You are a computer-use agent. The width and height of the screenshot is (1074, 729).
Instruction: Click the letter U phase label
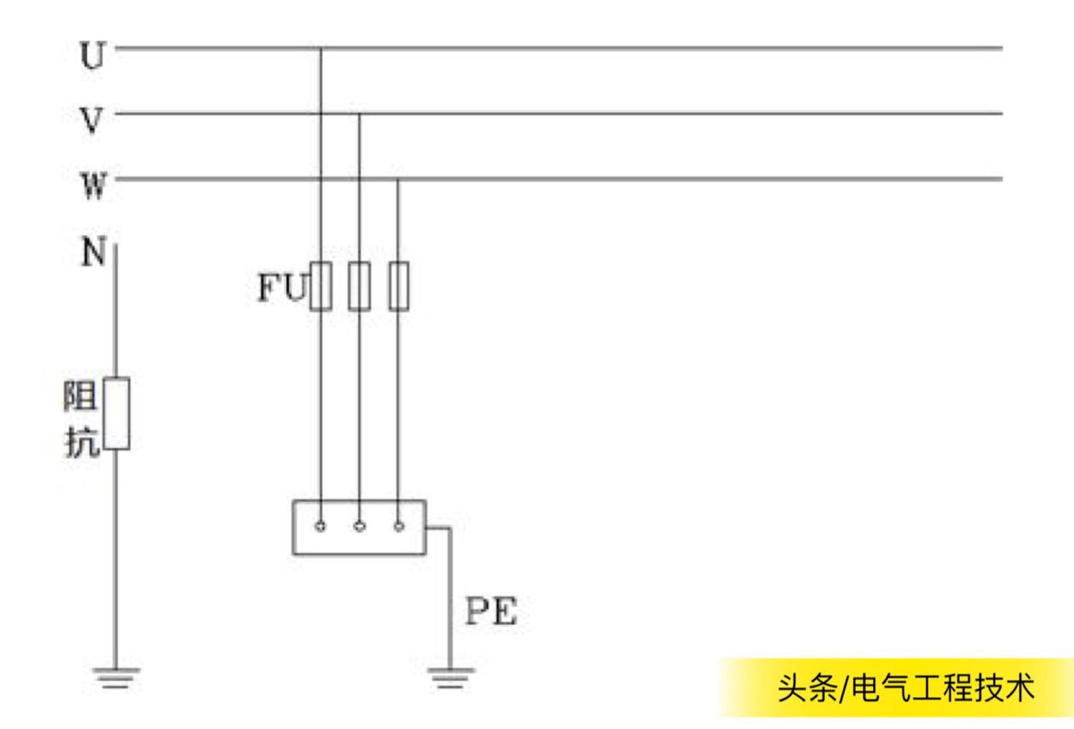[x=93, y=55]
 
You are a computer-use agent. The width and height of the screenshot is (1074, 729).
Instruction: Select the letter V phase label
[x=92, y=120]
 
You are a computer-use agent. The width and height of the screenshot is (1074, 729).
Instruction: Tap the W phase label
[x=94, y=184]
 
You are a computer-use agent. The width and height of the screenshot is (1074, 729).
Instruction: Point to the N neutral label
[x=94, y=252]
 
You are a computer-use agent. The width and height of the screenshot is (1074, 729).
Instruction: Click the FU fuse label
[x=282, y=287]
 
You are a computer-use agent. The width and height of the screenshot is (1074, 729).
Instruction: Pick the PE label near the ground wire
[x=491, y=611]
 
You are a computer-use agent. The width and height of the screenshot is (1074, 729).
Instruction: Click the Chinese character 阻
[x=80, y=396]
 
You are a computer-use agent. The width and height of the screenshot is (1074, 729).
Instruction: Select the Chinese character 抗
[x=82, y=442]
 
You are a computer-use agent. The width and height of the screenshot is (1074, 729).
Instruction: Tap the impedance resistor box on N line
[x=116, y=413]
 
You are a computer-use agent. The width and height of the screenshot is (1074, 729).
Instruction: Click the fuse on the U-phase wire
[x=321, y=286]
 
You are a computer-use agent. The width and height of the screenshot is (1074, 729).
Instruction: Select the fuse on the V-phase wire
[x=359, y=286]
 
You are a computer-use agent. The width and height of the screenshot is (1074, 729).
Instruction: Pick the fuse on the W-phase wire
[x=398, y=286]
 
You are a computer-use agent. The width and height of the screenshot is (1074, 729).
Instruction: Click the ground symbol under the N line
[x=115, y=677]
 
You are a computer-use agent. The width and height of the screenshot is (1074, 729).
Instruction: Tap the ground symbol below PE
[x=450, y=678]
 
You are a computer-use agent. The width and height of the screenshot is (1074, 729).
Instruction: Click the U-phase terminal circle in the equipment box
[x=321, y=526]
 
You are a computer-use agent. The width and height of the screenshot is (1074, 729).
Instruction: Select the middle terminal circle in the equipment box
[x=359, y=526]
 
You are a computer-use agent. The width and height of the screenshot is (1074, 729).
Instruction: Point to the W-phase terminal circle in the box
[x=398, y=526]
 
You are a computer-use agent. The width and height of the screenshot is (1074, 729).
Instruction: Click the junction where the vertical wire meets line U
[x=321, y=49]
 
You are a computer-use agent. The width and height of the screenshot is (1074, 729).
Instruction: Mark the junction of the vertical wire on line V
[x=359, y=114]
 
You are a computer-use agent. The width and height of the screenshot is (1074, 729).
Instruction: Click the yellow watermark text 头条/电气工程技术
[x=905, y=688]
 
